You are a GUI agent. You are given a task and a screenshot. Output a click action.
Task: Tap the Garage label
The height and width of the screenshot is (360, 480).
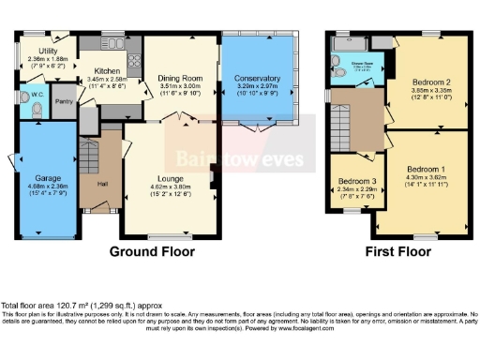tap(48, 178)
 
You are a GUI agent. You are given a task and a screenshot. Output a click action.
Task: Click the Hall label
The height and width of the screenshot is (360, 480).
tap(101, 183)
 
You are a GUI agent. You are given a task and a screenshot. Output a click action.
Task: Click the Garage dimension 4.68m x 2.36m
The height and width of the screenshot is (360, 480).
tap(48, 187)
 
